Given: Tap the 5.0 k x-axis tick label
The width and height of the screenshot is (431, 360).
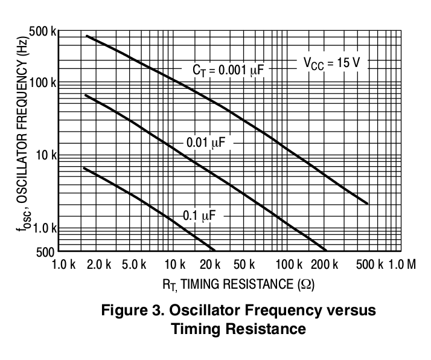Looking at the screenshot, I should [x=134, y=265].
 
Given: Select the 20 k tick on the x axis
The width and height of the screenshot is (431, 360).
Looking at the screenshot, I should [x=211, y=265].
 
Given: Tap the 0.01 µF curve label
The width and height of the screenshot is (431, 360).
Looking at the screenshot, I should [x=206, y=143].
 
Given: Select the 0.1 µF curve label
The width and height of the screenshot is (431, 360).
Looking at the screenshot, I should [x=199, y=216].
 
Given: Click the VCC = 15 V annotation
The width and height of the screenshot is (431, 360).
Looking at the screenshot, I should [x=331, y=63].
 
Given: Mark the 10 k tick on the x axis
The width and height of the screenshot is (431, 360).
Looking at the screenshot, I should [x=175, y=265].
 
